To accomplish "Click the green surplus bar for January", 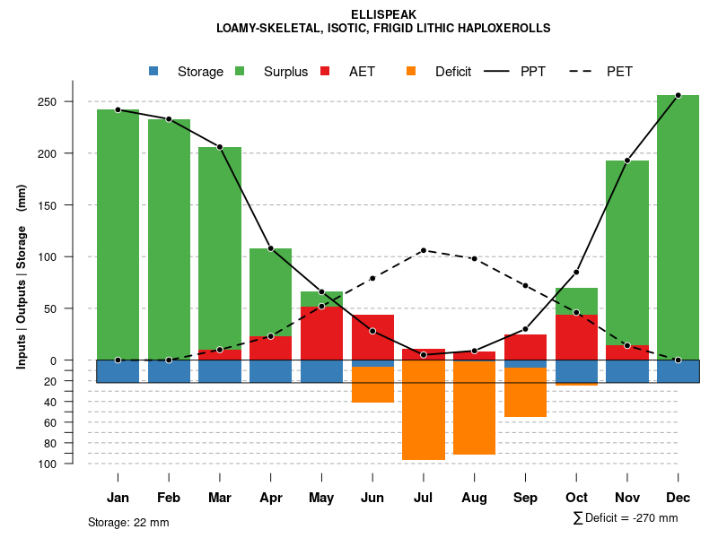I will pos(118,233).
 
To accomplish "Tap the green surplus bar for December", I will pos(678,224).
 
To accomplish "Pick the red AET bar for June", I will pos(372,336).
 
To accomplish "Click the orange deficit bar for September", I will pos(525,392).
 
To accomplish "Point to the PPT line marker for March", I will pos(220,147).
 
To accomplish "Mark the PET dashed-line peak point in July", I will pos(424,250).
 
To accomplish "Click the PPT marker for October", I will pos(576,272).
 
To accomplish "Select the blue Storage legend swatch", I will pos(153,71).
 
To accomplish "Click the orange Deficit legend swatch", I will pos(411,71).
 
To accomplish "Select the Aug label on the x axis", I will pos(474,498).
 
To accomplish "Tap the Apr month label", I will pos(271,498).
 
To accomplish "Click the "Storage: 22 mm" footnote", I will pos(128,522).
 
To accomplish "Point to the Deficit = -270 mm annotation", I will pos(626,518).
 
